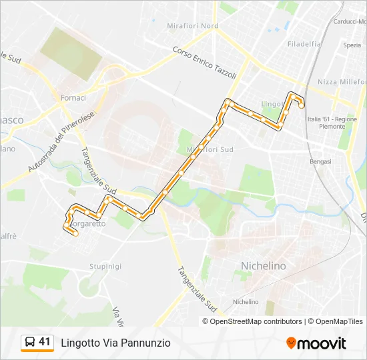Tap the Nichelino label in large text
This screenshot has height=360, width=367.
(263, 266)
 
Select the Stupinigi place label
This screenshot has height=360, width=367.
(106, 266)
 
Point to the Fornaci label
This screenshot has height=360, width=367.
(73, 98)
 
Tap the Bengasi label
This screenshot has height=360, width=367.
(321, 161)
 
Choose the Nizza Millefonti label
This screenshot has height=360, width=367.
(341, 82)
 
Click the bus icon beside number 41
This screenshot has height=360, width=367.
(29, 343)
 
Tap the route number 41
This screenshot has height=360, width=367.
(45, 342)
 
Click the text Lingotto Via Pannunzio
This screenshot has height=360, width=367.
(116, 343)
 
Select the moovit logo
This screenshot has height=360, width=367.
(316, 343)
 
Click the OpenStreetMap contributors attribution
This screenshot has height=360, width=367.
(256, 321)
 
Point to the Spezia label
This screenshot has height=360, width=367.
(352, 45)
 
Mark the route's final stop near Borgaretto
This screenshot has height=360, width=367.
(76, 233)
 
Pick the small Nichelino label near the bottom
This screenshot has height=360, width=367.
(246, 302)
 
